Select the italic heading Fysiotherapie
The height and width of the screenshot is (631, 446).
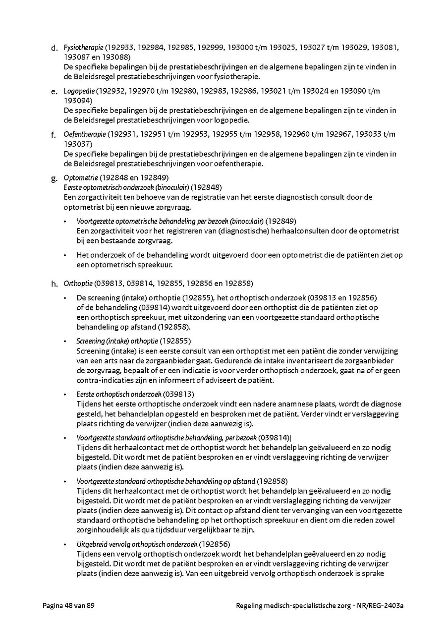(83, 48)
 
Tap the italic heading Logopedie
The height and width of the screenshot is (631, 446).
(79, 91)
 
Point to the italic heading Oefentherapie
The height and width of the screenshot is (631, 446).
(85, 134)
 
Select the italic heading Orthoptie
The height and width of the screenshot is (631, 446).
(78, 284)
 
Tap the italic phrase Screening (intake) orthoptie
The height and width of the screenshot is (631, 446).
(117, 341)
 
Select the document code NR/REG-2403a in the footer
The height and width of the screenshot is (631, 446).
(381, 606)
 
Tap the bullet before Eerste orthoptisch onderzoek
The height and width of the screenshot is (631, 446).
(65, 395)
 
